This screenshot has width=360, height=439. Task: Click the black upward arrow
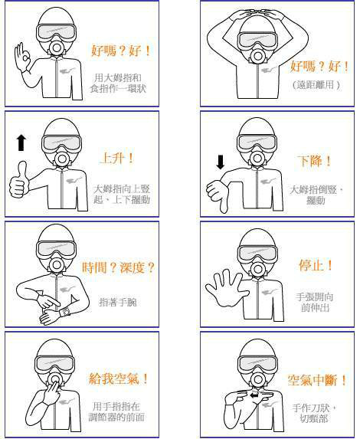(21, 143)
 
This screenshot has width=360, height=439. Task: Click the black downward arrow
(221, 162)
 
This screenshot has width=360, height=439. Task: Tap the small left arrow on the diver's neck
(254, 395)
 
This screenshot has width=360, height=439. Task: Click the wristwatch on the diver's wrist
(65, 312)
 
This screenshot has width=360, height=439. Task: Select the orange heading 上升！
(117, 159)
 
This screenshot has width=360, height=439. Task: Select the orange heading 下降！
(314, 161)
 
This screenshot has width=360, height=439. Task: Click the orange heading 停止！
(316, 265)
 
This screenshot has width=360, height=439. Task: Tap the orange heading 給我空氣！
(119, 378)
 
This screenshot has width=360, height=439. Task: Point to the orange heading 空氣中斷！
(317, 380)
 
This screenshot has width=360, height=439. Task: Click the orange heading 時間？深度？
(118, 267)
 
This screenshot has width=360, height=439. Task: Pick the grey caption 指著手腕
(118, 302)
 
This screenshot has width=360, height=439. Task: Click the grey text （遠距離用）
(316, 84)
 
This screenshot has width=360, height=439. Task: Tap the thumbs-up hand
(18, 179)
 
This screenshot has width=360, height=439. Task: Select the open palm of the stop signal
(226, 288)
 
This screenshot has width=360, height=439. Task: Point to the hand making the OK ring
(23, 58)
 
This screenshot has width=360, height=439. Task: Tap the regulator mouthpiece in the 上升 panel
(61, 159)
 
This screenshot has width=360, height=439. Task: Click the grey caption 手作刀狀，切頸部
(314, 413)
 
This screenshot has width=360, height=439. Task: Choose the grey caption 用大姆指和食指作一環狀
(118, 84)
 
